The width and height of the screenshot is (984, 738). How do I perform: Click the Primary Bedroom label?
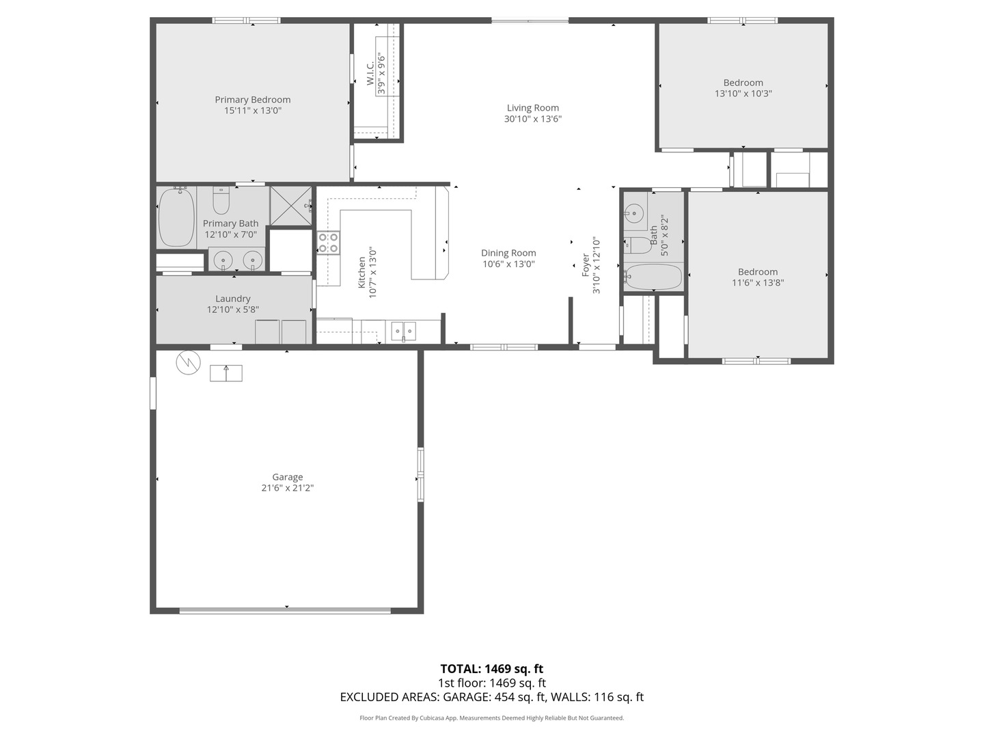(x=252, y=100)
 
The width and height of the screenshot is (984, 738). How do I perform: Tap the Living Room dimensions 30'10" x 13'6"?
(x=532, y=119)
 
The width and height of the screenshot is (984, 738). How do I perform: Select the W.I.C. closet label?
(x=370, y=73)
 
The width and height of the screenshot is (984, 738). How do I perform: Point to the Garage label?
(x=288, y=477)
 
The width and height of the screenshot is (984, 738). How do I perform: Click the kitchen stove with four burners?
(x=328, y=243)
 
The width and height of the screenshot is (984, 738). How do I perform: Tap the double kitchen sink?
(x=403, y=331)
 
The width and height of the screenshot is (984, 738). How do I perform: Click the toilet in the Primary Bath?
(x=221, y=200)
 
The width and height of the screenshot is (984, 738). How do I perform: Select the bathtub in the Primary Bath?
(x=176, y=217)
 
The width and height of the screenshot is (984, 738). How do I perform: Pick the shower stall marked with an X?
(x=291, y=206)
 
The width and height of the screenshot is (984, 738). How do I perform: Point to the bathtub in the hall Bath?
(x=653, y=277)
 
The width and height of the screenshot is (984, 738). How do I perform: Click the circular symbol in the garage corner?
(x=189, y=362)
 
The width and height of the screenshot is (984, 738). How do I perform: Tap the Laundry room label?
(x=232, y=299)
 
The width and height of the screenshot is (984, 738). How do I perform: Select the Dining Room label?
(x=508, y=253)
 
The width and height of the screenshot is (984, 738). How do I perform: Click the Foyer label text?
(x=586, y=265)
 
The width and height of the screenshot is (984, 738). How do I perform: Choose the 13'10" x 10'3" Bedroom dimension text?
(x=743, y=94)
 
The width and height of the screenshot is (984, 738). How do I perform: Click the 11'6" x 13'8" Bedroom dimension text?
(x=758, y=283)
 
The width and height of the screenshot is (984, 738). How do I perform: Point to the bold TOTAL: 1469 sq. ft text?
(x=492, y=669)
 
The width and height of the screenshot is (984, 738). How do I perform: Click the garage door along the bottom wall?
(x=285, y=610)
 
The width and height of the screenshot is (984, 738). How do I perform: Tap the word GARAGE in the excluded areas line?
(x=467, y=697)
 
